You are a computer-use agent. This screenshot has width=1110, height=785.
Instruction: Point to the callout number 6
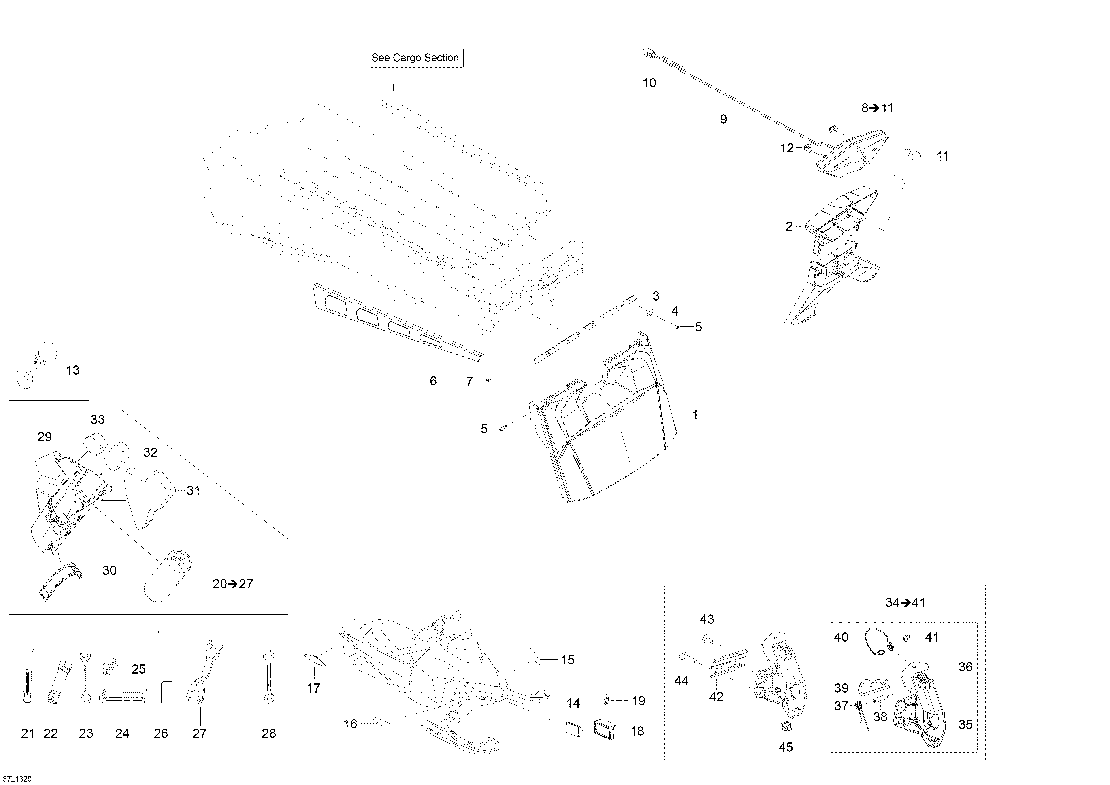click(x=433, y=381)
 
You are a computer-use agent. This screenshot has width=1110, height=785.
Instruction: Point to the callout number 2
click(x=789, y=226)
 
